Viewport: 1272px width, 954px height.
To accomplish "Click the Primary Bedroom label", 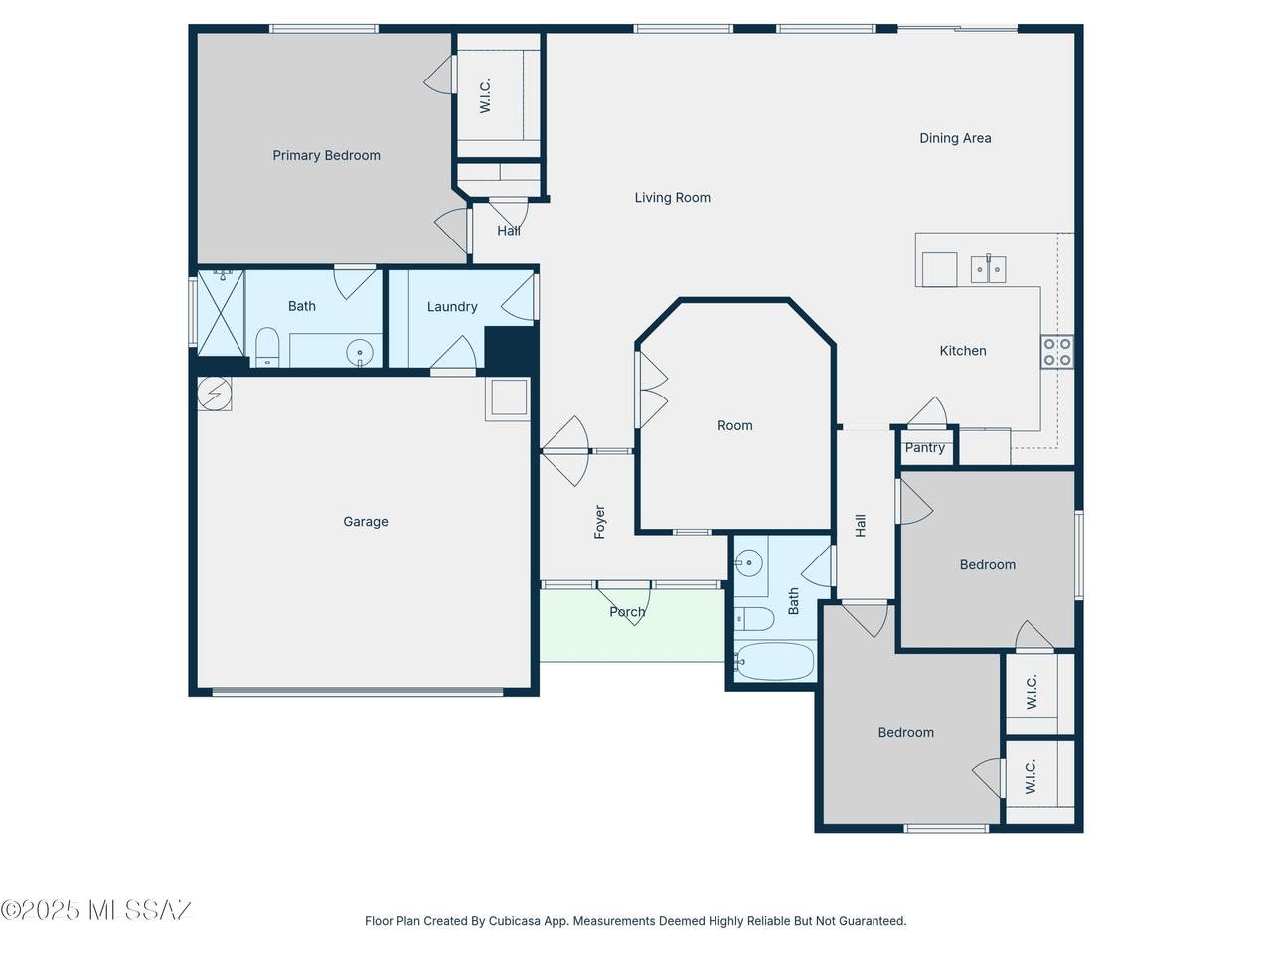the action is coord(326,155).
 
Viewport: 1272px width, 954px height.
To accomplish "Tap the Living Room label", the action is coord(672,198).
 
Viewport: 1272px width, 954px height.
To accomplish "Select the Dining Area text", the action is coord(955,138).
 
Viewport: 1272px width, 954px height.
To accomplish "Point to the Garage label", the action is coord(366,522).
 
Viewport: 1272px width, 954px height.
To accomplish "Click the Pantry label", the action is coord(925,448).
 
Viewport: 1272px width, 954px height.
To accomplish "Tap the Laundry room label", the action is coord(452,307).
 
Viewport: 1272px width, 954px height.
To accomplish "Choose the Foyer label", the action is coord(600,522).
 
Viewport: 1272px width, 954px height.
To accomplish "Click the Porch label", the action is coord(627,612).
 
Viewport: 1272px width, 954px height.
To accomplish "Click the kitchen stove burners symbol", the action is coord(1057,352).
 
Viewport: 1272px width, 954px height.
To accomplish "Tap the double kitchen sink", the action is coord(988,269).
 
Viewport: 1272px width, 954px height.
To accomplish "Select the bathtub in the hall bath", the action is coord(774,661).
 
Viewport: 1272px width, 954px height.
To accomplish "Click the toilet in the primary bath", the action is coord(267,347).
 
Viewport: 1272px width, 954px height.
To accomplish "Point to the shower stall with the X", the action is coord(221,312).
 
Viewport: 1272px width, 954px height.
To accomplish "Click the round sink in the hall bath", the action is coord(748,563).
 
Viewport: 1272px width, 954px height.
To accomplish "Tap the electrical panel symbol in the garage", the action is coord(214,394).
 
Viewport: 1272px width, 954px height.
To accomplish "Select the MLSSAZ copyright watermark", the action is coord(96,910).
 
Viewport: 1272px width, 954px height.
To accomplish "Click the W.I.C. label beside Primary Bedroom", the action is coord(485,96).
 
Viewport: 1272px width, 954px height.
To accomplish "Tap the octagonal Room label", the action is coord(734,425).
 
